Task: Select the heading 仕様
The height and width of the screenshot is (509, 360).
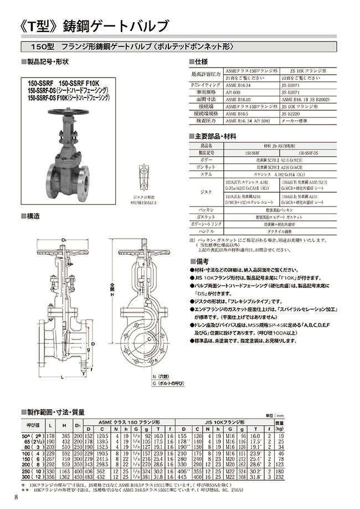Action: (x=201, y=62)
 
